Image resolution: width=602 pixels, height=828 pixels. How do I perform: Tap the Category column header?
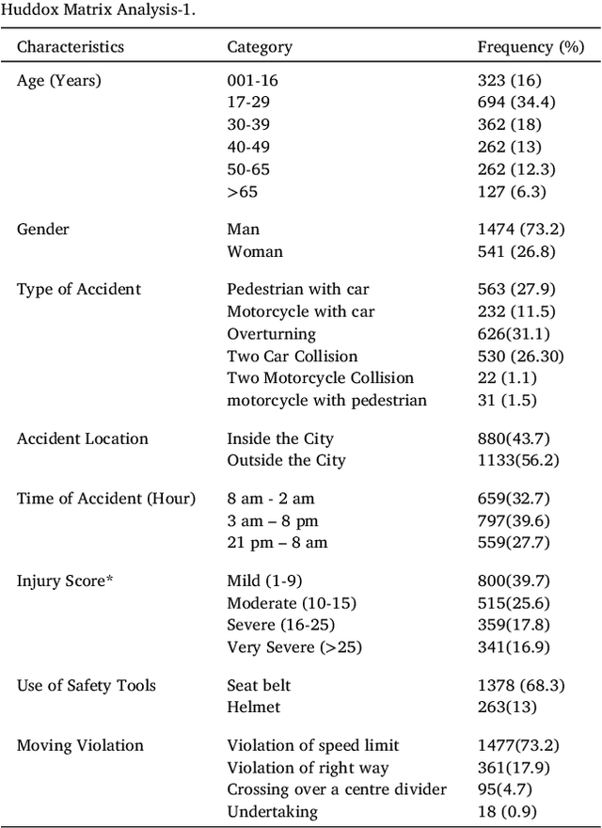pos(260,47)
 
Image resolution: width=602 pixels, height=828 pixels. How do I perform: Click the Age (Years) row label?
pos(58,81)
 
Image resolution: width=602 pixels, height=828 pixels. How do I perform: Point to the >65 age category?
pos(242,192)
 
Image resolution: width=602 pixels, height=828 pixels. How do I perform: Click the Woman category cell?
pos(256,251)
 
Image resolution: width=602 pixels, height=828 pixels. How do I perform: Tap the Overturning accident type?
pos(271,334)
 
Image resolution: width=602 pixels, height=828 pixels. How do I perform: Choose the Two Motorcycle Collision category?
pos(320,378)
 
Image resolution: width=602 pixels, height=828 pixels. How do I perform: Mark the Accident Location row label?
pos(83,438)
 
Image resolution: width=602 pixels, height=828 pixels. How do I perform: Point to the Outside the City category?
pos(286,460)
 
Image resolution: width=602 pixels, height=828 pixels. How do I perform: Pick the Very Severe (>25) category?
pos(293,647)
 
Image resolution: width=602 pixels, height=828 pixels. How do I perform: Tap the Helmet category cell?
pos(253,707)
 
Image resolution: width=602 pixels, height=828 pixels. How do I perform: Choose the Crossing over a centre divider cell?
pos(337,789)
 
